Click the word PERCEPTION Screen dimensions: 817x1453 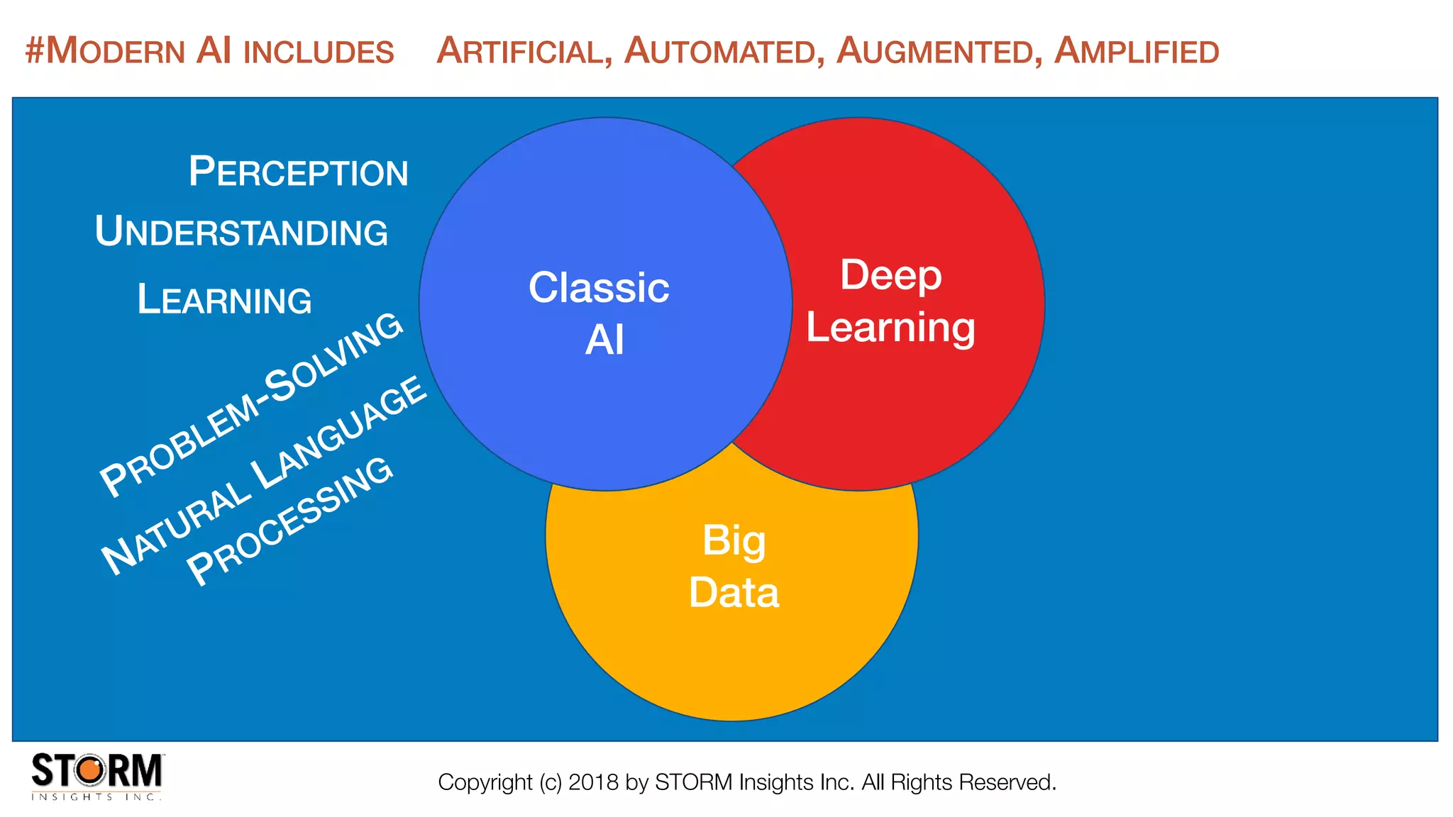[298, 172]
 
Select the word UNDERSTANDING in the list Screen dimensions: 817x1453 [241, 232]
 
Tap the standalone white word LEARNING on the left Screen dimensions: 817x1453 [224, 299]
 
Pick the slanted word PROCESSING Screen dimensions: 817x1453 [289, 521]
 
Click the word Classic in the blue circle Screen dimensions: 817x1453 [599, 288]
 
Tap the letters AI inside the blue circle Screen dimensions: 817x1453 [604, 340]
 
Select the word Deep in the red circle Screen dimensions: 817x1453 [890, 275]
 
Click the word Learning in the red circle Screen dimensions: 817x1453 [890, 328]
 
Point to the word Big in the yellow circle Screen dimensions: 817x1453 [734, 540]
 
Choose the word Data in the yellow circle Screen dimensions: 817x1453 [734, 593]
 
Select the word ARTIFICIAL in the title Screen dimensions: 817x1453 [524, 52]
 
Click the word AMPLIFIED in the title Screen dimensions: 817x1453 [1137, 52]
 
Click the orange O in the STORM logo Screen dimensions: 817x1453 [90, 770]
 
